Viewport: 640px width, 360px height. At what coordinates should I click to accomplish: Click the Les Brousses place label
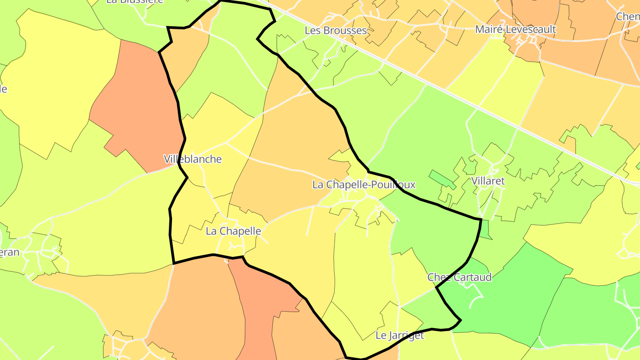[336, 31]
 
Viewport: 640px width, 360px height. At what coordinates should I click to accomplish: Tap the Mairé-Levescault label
[515, 29]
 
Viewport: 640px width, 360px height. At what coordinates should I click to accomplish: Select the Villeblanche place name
[192, 159]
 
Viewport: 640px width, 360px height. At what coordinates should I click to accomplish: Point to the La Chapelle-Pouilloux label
[364, 184]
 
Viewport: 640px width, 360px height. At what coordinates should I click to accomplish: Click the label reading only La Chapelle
[233, 231]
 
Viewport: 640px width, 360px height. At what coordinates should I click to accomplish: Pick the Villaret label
[488, 181]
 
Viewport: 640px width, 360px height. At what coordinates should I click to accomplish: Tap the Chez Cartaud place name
[460, 277]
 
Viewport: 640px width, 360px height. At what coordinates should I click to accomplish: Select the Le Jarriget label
[400, 335]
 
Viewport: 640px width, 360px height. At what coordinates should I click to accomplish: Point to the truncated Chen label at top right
[628, 16]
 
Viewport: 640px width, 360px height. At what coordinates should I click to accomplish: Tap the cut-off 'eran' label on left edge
[9, 252]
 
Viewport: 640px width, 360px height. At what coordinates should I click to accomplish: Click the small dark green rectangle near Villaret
[442, 179]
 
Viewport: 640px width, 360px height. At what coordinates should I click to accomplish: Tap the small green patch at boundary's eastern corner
[485, 229]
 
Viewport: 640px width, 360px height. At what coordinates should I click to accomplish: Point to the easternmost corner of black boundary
[481, 219]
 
